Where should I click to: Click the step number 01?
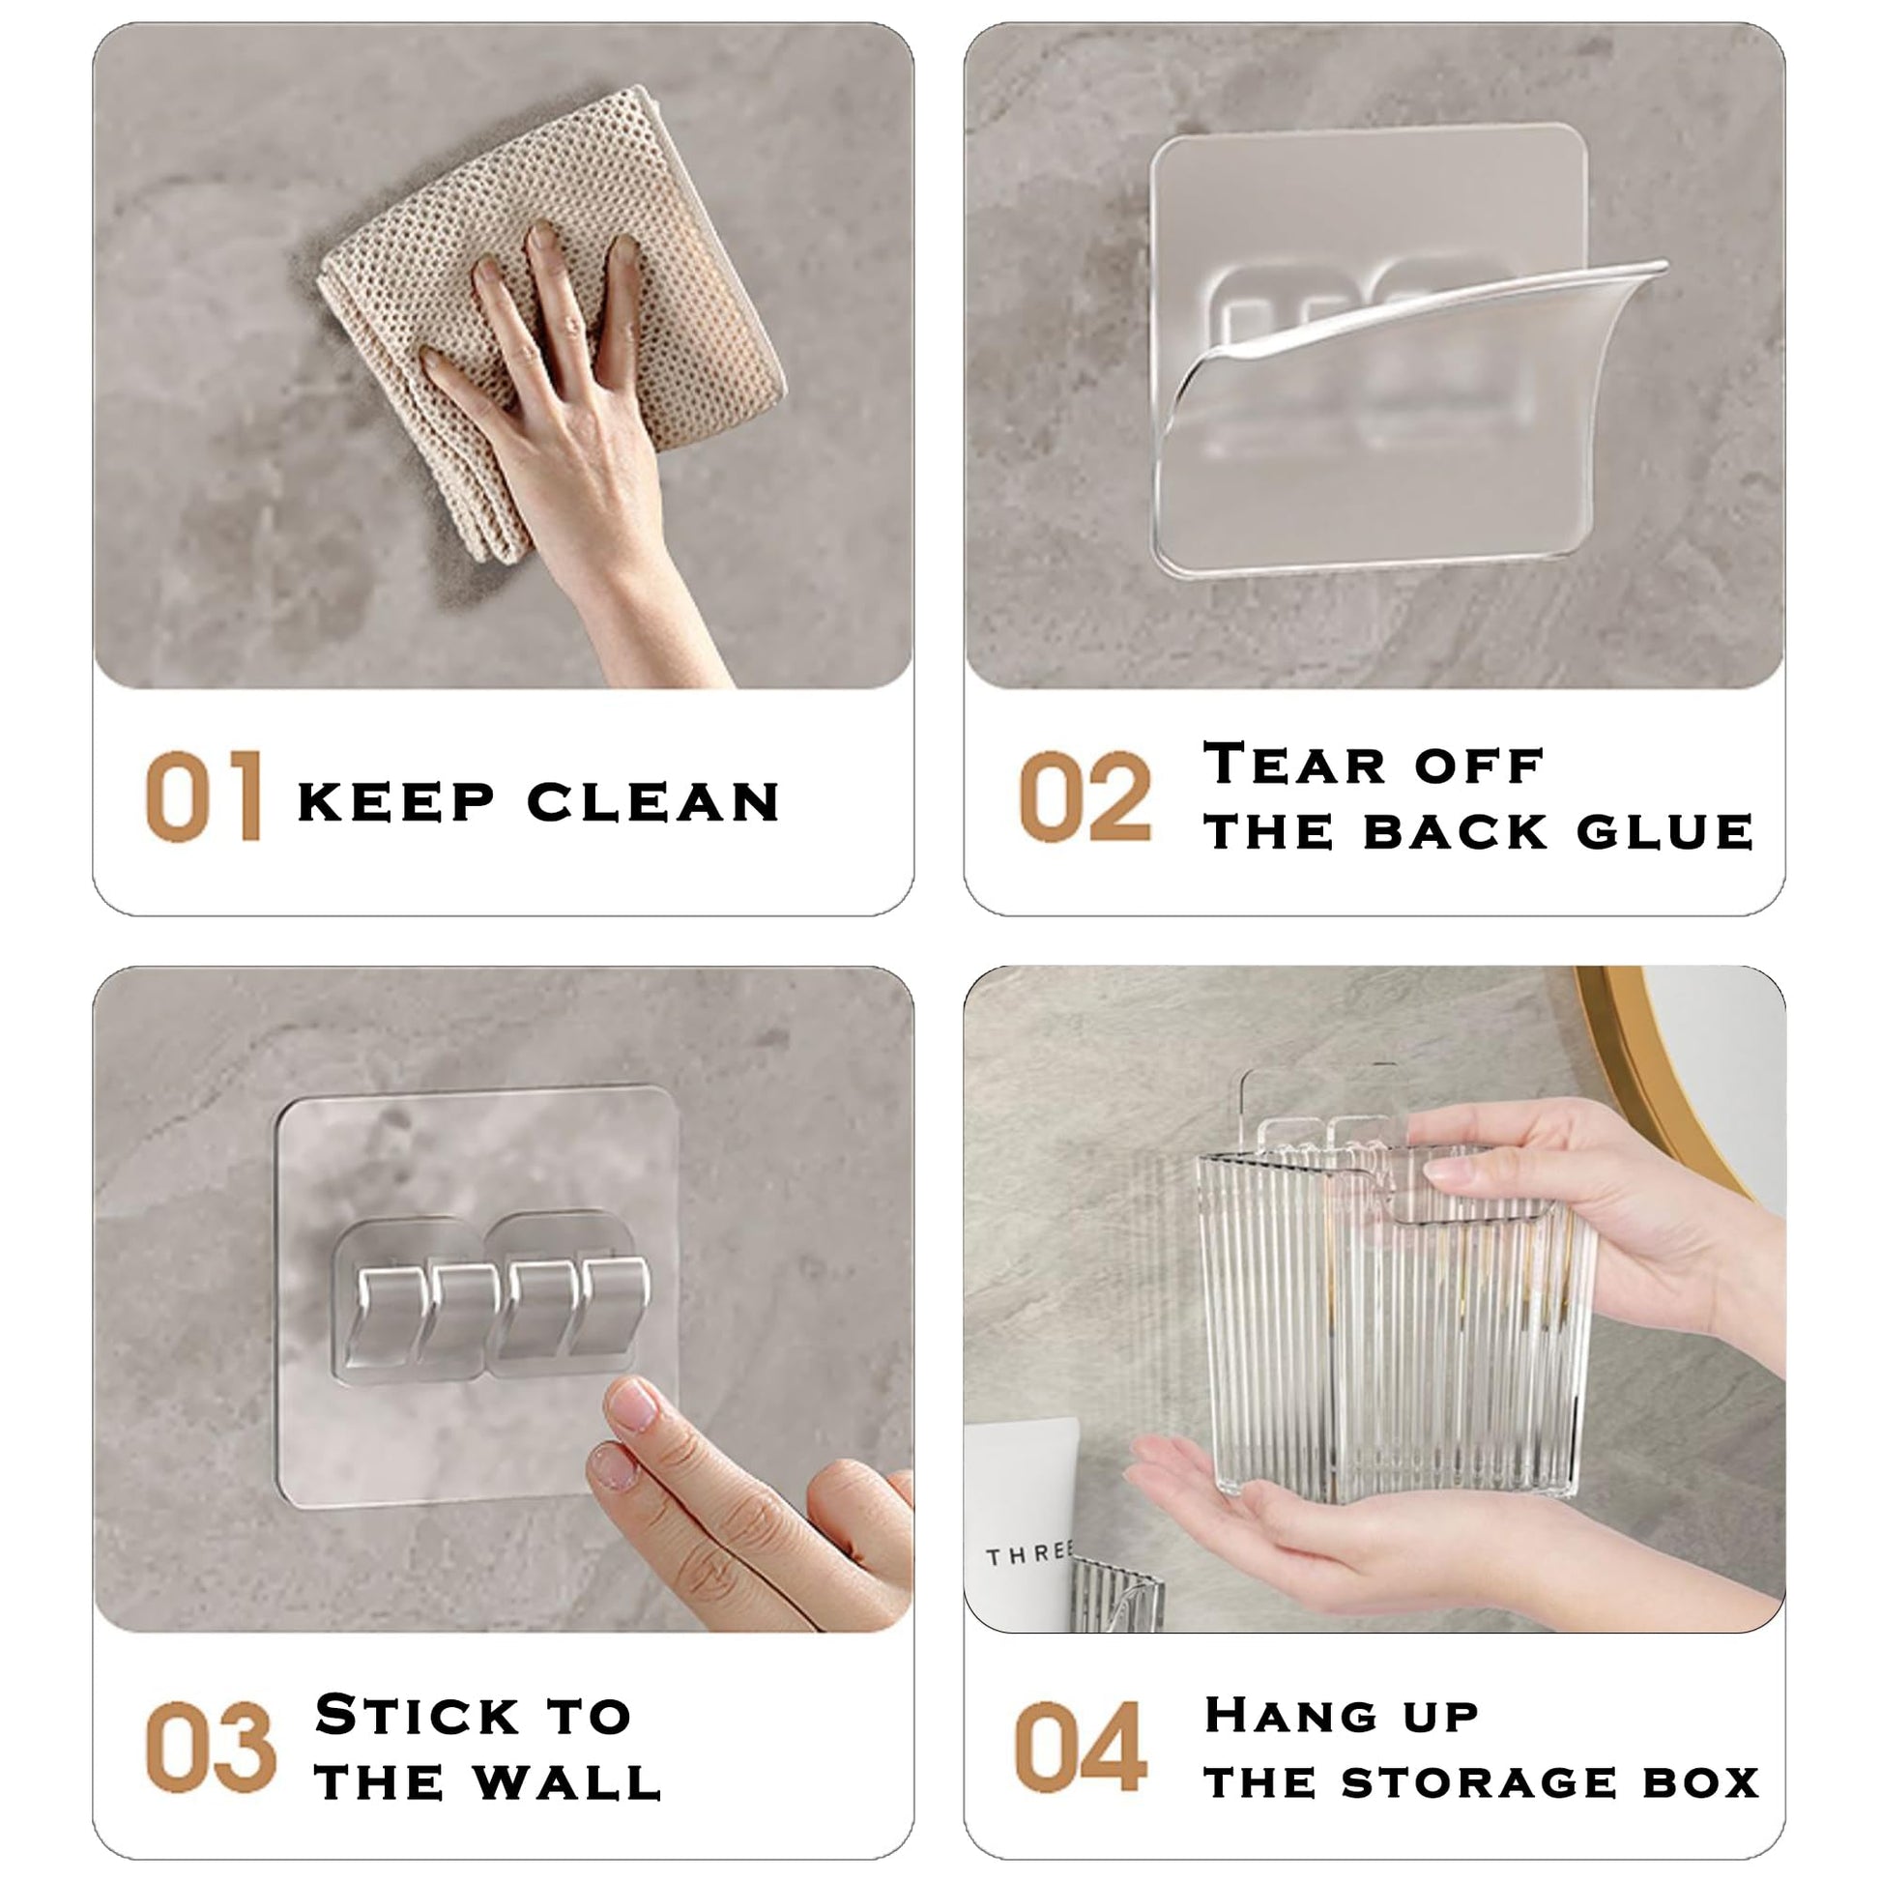click(x=204, y=796)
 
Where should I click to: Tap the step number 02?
click(x=1085, y=796)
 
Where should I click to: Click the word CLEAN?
click(x=653, y=802)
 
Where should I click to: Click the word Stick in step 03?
click(x=418, y=1714)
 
